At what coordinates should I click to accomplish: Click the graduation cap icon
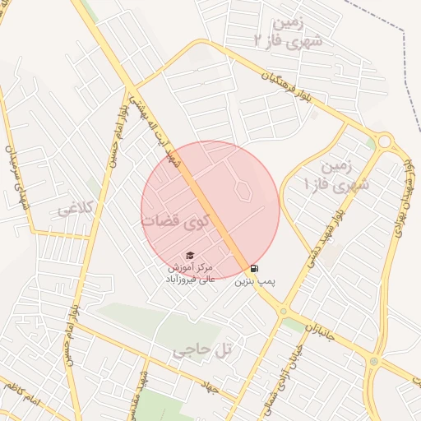pos(191,256)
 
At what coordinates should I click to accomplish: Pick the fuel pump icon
pos(253,268)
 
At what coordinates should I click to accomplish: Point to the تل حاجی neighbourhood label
pos(202,352)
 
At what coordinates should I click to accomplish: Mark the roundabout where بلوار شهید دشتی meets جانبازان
pos(283,311)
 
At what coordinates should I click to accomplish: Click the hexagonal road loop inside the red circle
pos(243,188)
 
